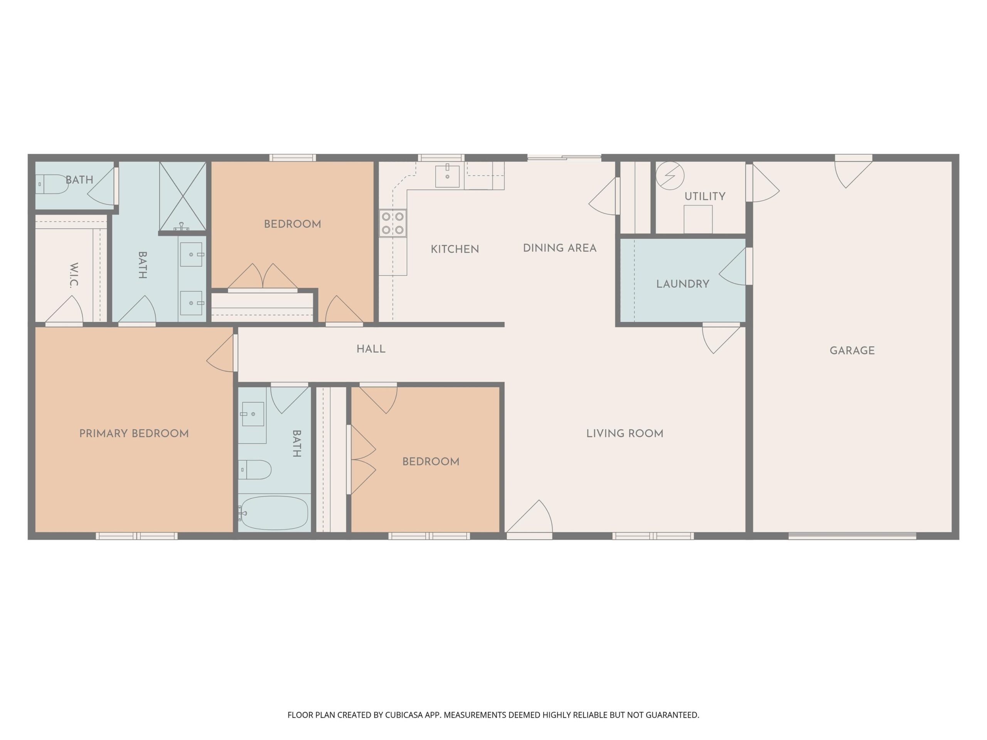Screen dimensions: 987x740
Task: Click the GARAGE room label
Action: click(852, 351)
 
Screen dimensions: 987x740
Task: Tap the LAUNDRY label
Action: click(683, 284)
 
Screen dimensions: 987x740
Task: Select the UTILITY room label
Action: click(705, 196)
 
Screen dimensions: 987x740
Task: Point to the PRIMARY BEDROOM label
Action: click(134, 434)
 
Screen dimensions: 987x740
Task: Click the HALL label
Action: click(371, 349)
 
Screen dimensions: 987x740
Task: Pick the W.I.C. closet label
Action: click(74, 275)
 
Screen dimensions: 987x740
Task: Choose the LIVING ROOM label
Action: click(625, 434)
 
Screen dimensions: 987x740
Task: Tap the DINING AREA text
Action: click(559, 248)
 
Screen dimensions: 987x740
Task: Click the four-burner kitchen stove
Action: click(392, 223)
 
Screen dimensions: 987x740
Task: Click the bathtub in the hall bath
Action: click(273, 513)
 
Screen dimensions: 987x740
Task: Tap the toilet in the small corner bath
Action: click(52, 184)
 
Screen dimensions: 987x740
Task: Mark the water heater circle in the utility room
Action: click(670, 175)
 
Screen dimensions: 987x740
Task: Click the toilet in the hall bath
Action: click(255, 470)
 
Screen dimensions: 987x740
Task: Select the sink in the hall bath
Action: click(253, 414)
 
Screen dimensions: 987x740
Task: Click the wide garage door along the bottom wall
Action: click(852, 536)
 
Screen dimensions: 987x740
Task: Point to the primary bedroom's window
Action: click(136, 536)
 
